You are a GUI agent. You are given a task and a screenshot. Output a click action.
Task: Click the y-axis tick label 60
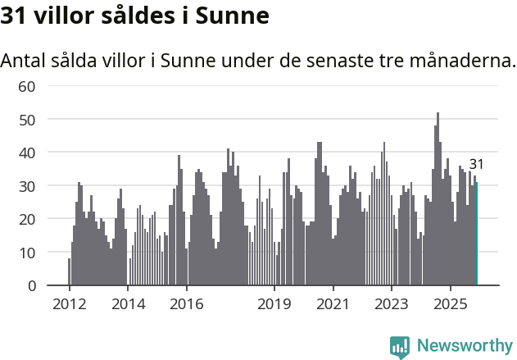27,86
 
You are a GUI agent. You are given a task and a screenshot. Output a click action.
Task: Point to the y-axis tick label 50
27,120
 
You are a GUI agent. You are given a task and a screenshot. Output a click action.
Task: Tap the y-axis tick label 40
27,153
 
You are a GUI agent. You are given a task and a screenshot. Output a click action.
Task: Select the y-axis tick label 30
27,186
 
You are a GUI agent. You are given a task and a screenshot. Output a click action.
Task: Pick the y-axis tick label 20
27,219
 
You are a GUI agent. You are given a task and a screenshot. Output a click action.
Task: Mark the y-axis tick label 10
27,253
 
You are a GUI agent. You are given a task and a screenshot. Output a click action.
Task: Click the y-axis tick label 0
31,286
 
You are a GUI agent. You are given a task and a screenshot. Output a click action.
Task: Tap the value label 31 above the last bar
476,165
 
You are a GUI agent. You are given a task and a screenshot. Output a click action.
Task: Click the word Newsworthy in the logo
465,345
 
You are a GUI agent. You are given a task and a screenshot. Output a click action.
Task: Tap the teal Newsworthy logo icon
400,346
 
